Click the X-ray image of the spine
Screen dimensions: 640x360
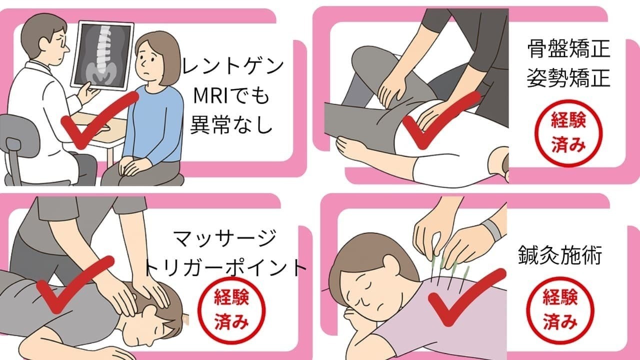coord(102,55)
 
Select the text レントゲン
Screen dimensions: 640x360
coord(232,66)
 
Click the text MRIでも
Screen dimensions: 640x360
coord(231,96)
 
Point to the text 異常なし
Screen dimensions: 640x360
coord(231,124)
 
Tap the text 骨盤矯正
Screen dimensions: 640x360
coord(568,48)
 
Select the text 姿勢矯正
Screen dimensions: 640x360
coord(568,77)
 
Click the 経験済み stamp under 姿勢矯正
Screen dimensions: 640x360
coord(568,133)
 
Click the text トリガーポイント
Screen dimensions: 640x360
coord(225,268)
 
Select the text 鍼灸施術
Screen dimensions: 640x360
coord(560,255)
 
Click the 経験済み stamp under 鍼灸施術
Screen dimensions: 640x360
coord(560,310)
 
